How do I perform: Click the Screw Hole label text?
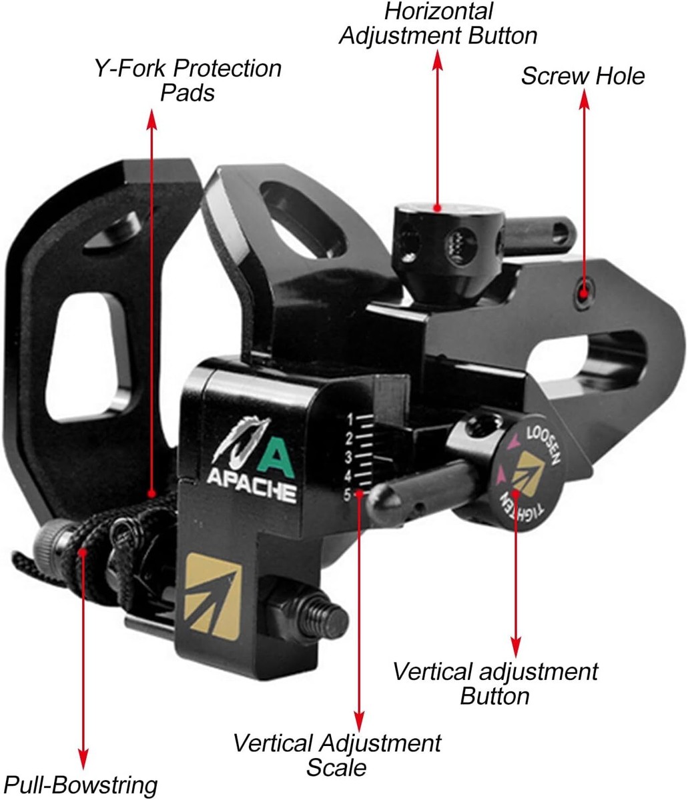click(583, 76)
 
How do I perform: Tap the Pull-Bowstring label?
click(81, 785)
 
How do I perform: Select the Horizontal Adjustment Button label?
click(438, 24)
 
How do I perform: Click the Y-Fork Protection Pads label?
click(188, 81)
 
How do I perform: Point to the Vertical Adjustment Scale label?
click(337, 755)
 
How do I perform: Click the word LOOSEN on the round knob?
click(543, 445)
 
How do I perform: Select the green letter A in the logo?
click(276, 457)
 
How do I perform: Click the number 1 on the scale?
click(350, 419)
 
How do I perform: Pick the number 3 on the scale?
click(348, 457)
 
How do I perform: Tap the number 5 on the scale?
click(348, 495)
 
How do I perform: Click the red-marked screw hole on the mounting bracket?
click(584, 293)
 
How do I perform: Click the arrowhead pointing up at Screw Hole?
click(585, 100)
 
